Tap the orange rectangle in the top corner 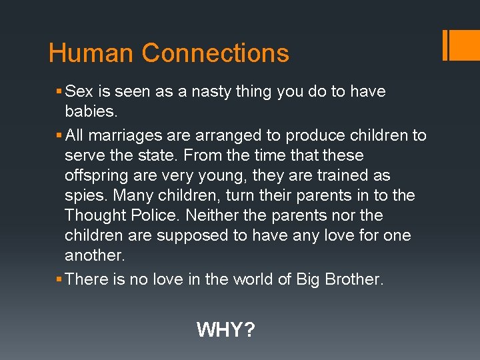coord(464,45)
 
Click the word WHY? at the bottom coord(225,329)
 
